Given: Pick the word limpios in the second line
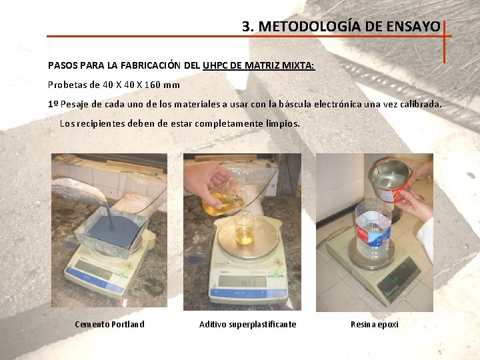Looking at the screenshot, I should point(283,124).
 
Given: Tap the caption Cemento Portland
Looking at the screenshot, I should point(109,325).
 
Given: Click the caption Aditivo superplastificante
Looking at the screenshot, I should point(247,325).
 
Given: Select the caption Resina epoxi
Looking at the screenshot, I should point(374,325).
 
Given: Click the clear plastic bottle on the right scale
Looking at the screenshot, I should point(373,231).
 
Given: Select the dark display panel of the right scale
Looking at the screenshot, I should point(398,275).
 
